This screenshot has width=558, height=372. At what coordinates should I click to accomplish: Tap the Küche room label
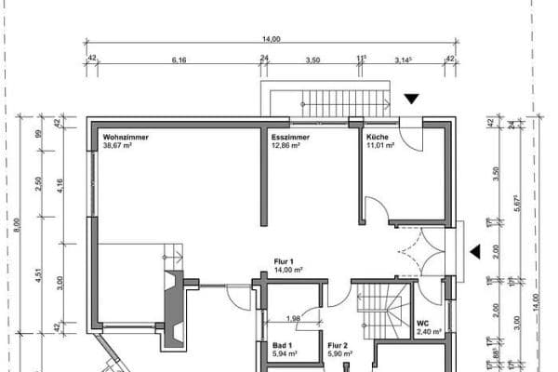(x=378, y=137)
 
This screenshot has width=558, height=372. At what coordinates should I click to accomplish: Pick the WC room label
(x=423, y=324)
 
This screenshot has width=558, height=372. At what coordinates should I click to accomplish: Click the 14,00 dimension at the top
(x=271, y=38)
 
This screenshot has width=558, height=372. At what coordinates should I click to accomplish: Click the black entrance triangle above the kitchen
(x=411, y=98)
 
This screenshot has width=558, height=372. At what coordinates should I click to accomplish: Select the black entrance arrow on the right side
(x=474, y=251)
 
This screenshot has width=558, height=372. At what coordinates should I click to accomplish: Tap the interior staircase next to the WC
(x=383, y=307)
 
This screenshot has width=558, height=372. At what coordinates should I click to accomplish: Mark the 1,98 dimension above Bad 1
(x=292, y=320)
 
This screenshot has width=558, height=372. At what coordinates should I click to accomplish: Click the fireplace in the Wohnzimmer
(x=173, y=302)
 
